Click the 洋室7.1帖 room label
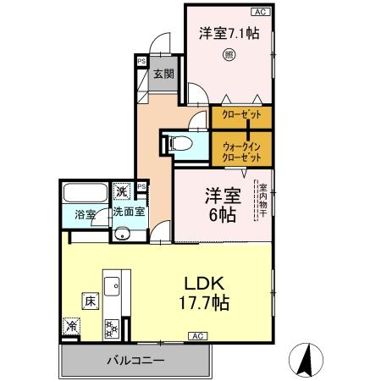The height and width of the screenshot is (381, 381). (229, 33)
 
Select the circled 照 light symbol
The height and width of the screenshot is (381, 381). (228, 56)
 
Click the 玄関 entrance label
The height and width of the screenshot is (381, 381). (163, 74)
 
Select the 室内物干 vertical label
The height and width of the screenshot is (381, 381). (262, 203)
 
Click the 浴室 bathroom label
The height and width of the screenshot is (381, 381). (84, 214)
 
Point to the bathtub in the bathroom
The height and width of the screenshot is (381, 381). (83, 194)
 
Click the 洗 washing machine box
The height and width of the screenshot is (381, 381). (122, 191)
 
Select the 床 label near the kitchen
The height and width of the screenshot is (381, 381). (88, 300)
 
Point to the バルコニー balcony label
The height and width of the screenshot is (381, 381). (135, 361)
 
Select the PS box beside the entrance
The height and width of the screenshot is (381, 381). (141, 61)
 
